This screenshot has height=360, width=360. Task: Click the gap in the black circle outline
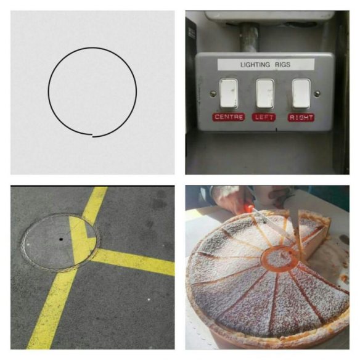click(x=92, y=135)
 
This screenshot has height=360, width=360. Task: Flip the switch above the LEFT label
click(x=264, y=94)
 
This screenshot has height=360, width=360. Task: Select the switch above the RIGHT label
click(x=301, y=94)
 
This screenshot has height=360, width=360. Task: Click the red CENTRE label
click(x=229, y=117)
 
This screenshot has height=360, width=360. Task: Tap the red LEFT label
click(x=264, y=117)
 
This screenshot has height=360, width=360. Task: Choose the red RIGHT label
click(x=301, y=118)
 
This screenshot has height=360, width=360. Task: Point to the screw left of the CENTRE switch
click(x=213, y=94)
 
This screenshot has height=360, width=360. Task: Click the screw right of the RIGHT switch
click(x=317, y=94)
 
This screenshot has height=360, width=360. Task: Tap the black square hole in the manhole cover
click(x=61, y=239)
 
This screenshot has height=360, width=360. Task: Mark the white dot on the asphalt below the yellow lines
click(x=149, y=300)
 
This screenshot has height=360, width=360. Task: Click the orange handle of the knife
click(x=248, y=208)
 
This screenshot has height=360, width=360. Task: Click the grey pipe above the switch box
click(x=249, y=38)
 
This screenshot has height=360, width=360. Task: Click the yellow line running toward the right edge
click(x=133, y=262)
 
